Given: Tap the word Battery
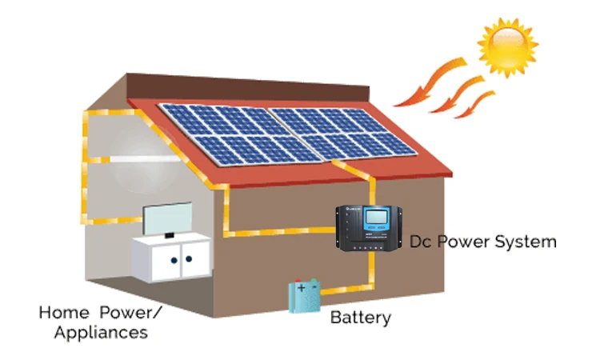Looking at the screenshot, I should (361, 318).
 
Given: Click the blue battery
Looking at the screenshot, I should (304, 299).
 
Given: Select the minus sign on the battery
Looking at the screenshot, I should (313, 286).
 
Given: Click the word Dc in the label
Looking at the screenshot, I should (421, 241).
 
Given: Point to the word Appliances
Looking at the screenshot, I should (100, 330).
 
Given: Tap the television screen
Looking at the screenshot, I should (167, 218).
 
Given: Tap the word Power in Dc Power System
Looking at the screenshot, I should (465, 241).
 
